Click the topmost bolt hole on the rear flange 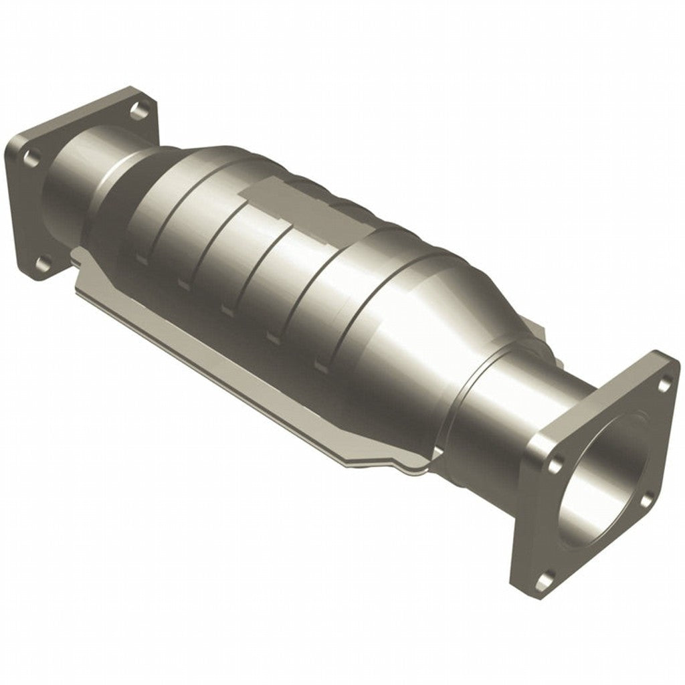139,109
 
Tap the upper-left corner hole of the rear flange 30,157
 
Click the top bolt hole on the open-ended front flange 664,384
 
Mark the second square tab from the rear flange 183,284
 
